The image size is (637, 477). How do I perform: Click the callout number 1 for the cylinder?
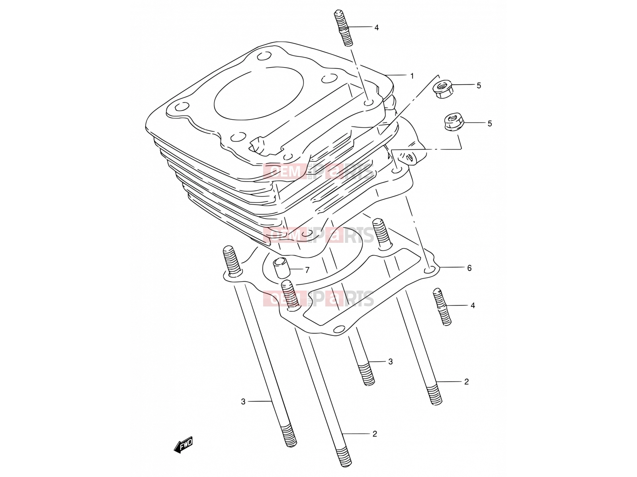click(412, 76)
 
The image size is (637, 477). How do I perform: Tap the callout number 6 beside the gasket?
click(469, 268)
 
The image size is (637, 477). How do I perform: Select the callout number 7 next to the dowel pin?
click(307, 270)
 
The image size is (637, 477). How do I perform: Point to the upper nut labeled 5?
click(443, 89)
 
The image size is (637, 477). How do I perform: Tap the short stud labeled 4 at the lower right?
click(442, 307)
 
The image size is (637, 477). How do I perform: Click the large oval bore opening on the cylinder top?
click(258, 93)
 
